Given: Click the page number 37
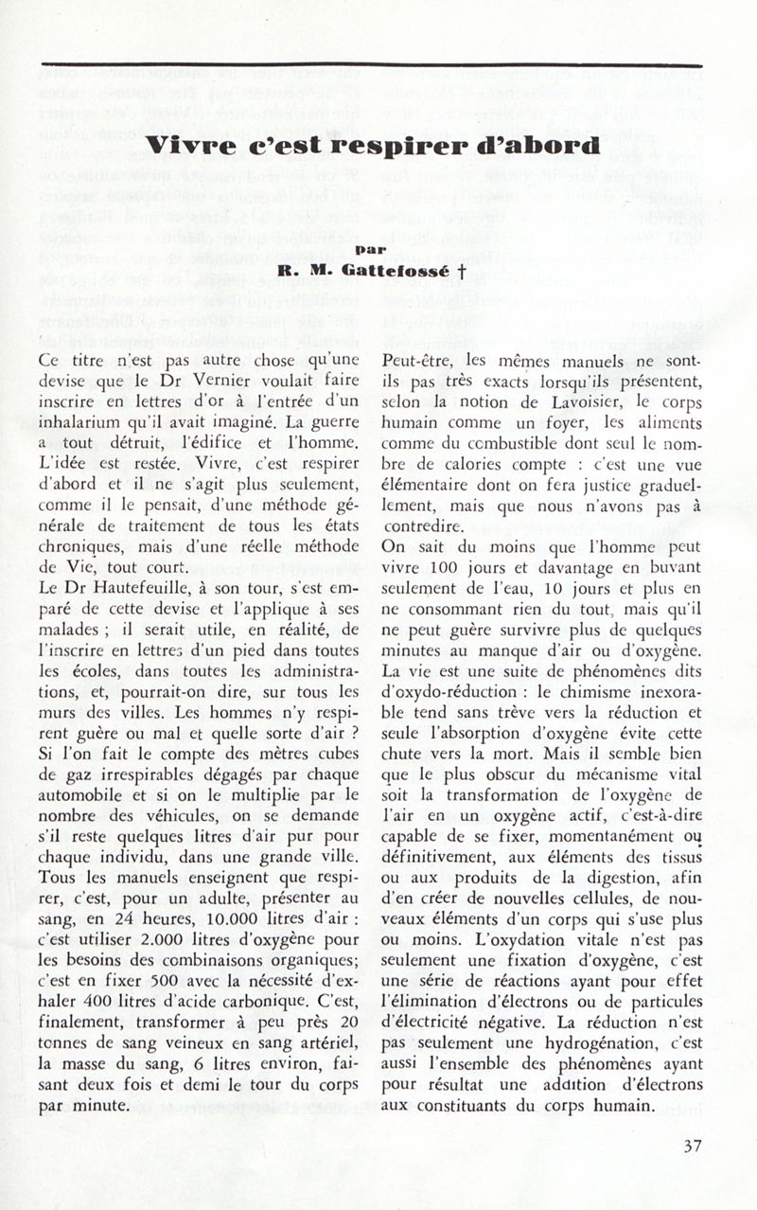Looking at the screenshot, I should click(692, 1146).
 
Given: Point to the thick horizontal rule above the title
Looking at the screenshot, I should click(371, 64).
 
